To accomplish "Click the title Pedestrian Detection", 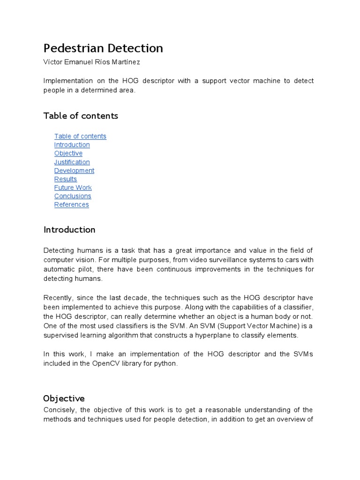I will tap(103, 48).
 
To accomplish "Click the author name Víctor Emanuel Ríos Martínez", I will tap(91, 62).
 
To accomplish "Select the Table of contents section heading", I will tap(81, 116).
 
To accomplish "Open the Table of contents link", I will tap(80, 136).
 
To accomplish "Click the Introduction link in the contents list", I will tap(72, 145).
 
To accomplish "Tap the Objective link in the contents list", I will tap(68, 153).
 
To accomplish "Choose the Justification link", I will tap(72, 162).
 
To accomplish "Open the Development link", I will tap(74, 171).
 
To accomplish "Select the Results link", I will tap(65, 179).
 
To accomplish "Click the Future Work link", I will tap(73, 187).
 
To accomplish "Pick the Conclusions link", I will tap(73, 196).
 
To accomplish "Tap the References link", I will tap(71, 204).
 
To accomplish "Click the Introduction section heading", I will tap(69, 230).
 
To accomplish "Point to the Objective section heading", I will tap(64, 399).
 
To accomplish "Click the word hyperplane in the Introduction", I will tap(219, 336).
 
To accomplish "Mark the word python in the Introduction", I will tap(166, 364).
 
